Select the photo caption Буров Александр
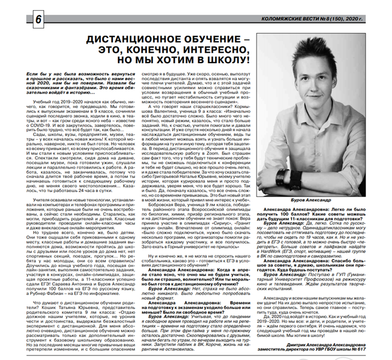[x=314, y=200]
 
